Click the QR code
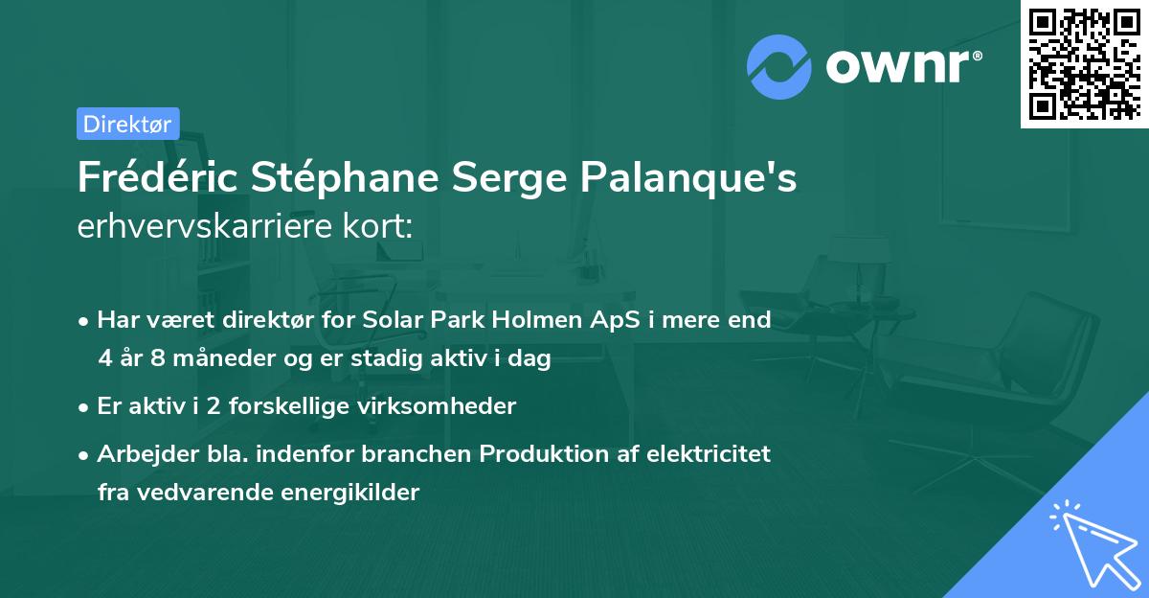1085,63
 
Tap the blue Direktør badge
127,124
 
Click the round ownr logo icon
779,67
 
